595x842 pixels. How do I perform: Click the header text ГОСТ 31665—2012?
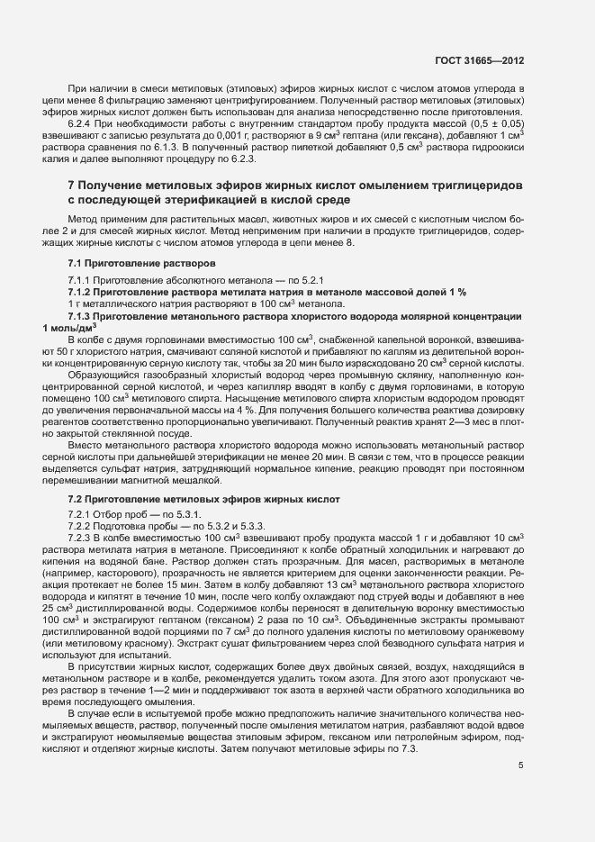481,61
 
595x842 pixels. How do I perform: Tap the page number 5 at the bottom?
521,766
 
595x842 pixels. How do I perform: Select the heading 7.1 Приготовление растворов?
141,262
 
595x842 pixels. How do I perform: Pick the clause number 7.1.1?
82,281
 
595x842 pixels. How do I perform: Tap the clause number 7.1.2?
82,292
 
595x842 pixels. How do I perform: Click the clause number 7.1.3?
82,316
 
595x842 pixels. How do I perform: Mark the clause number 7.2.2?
82,527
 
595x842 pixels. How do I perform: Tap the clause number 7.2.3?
82,538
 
